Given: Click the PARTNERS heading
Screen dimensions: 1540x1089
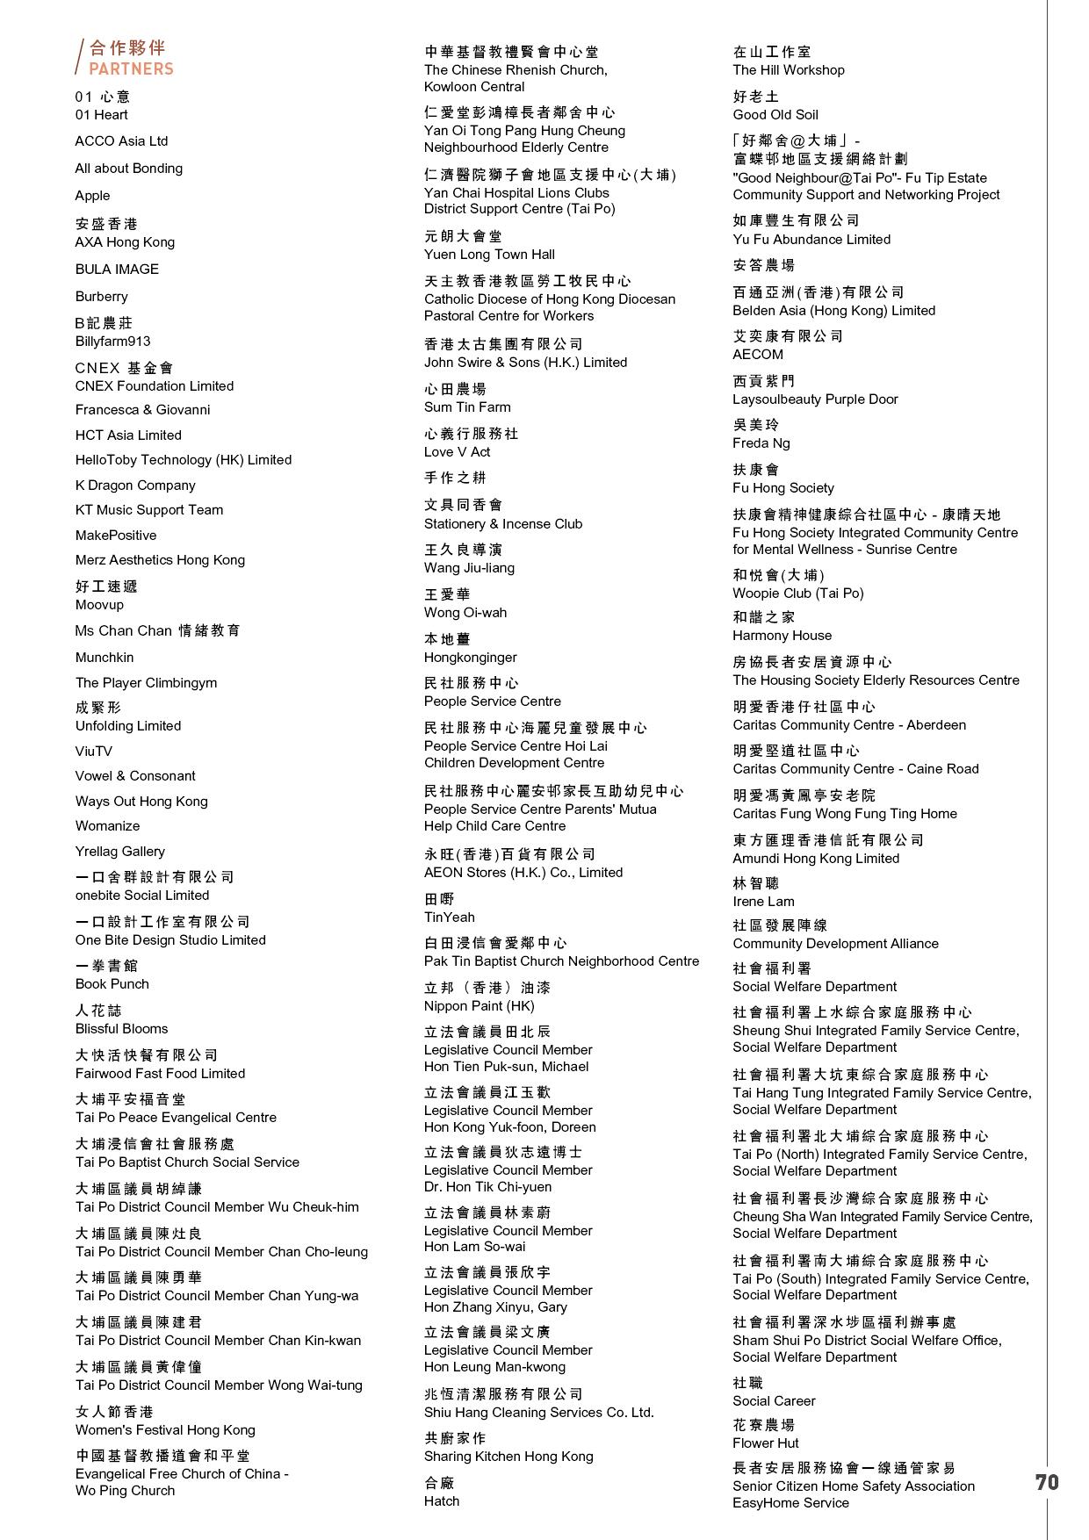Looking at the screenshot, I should click(x=131, y=68).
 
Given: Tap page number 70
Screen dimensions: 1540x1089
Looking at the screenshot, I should click(x=1047, y=1482).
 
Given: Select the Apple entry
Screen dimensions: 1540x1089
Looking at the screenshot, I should click(x=92, y=196).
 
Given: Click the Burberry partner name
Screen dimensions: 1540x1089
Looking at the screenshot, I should click(x=101, y=297).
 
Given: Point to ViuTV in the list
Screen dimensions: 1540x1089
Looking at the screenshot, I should click(x=93, y=752).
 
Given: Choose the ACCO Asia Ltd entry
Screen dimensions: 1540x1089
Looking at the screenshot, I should click(x=121, y=141).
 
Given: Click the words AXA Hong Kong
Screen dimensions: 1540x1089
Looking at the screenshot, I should click(x=125, y=242).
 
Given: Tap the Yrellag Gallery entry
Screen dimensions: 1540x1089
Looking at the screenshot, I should click(x=119, y=852).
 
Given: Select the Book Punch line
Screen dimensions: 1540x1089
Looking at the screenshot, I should click(x=112, y=984).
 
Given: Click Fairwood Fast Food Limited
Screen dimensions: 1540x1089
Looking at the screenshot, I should click(x=160, y=1074).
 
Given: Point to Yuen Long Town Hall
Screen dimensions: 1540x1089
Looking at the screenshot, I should click(x=489, y=255).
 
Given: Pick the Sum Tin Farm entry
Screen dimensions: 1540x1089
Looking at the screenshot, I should click(x=467, y=407).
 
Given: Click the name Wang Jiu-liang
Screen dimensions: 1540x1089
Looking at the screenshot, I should click(x=469, y=568).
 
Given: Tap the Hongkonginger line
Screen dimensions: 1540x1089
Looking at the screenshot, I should click(x=470, y=658).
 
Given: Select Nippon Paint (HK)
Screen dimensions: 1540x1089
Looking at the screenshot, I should click(x=479, y=1006).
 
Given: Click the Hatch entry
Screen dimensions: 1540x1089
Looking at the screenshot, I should click(x=442, y=1501).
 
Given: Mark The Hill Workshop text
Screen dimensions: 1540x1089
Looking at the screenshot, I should click(x=789, y=70).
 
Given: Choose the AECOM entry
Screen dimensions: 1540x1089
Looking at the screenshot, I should click(x=758, y=355).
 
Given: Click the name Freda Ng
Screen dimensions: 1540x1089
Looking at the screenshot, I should click(x=761, y=443).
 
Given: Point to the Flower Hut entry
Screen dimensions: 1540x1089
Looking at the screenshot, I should click(x=766, y=1443).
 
